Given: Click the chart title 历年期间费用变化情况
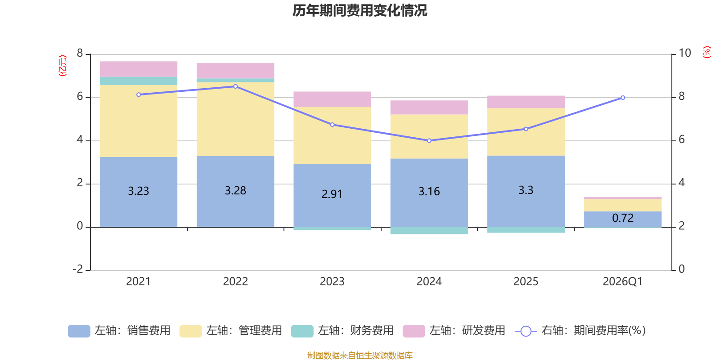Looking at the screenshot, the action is [x=360, y=11].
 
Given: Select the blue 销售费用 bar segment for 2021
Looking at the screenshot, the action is [x=139, y=192].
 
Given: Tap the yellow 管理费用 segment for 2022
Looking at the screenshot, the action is [x=235, y=119].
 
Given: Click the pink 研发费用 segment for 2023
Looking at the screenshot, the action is [x=333, y=99].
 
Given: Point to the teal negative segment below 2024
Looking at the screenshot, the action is [x=429, y=230].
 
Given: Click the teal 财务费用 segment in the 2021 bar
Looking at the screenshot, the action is [x=139, y=81].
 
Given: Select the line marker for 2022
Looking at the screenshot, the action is [x=236, y=86].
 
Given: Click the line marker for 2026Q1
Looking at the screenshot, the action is [x=623, y=98].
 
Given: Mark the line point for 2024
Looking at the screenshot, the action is [x=429, y=140].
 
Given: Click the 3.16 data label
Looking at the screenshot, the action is [x=429, y=192].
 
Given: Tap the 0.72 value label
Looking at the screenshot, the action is [x=623, y=218].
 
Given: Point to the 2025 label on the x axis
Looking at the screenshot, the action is [x=526, y=282].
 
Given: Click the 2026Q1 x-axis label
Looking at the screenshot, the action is [x=623, y=282].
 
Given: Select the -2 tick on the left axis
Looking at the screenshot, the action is [x=78, y=269].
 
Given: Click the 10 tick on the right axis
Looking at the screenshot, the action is [x=684, y=53].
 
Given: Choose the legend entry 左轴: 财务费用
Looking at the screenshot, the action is [x=342, y=331].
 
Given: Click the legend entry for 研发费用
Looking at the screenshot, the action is [x=454, y=331].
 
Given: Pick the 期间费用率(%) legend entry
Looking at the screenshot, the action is [x=580, y=331].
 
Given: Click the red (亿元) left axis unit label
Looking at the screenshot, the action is [x=63, y=66].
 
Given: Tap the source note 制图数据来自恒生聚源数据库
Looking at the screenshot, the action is [x=360, y=355].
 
